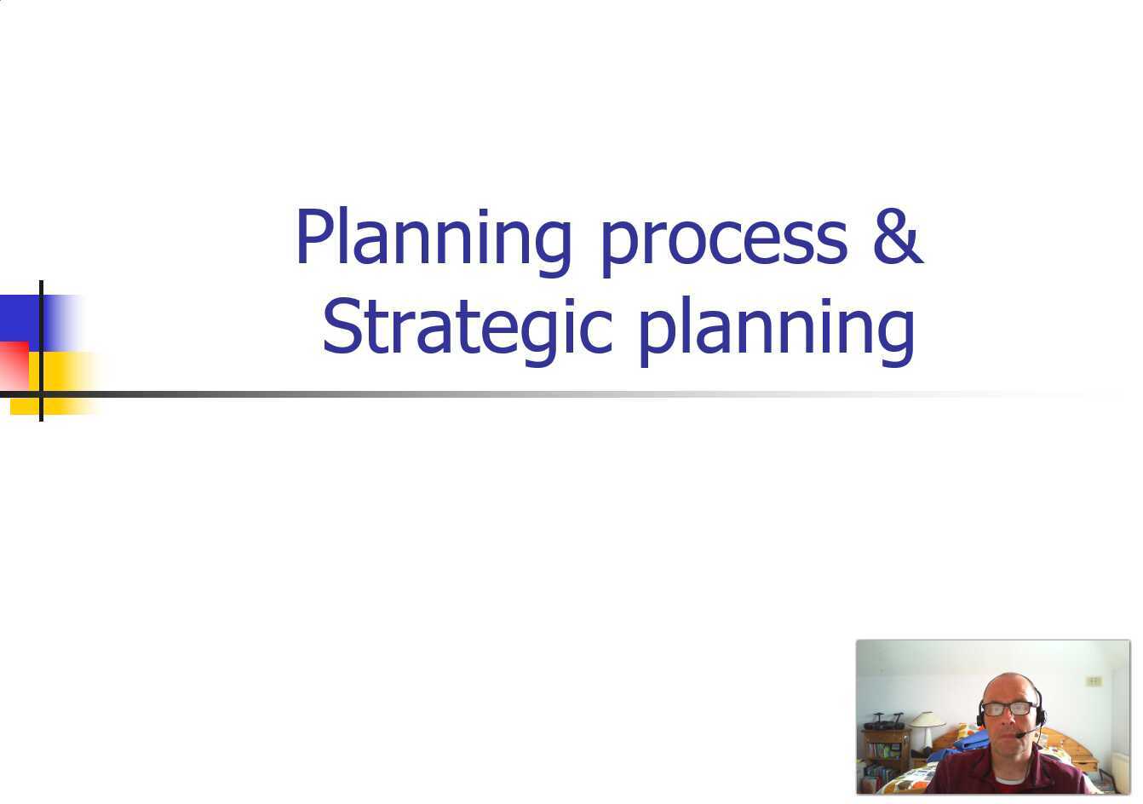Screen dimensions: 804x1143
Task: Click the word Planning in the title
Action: tap(433, 238)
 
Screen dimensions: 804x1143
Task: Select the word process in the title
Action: tap(724, 240)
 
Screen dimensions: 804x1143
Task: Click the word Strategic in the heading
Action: tap(467, 329)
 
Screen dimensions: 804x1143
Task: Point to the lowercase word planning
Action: tap(776, 330)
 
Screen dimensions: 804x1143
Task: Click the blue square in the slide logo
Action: tap(20, 316)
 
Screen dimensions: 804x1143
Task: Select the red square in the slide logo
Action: tap(13, 365)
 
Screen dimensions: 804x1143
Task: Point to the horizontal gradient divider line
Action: tap(511, 394)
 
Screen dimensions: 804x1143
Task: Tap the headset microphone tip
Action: tap(1019, 735)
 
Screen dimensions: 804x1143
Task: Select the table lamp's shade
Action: tap(926, 720)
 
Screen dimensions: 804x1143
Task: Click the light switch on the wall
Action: tap(1094, 681)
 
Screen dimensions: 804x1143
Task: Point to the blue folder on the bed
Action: tap(961, 742)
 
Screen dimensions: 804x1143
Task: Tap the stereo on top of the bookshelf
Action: tap(883, 723)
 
